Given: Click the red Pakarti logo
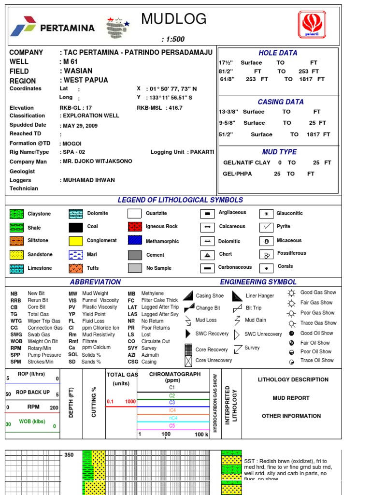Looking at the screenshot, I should (x=313, y=26).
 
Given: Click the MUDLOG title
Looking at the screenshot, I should (x=174, y=19).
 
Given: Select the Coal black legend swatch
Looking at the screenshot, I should (x=76, y=227).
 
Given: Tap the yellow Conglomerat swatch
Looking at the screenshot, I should (x=76, y=241).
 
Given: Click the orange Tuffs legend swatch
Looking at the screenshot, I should (x=76, y=268).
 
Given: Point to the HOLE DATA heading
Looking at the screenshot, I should (x=278, y=53).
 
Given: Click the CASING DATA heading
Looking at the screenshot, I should (x=281, y=102).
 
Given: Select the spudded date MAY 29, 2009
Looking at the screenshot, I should (x=80, y=125).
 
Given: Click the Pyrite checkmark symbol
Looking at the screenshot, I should (x=266, y=226).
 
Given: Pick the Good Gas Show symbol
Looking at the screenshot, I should (x=291, y=293).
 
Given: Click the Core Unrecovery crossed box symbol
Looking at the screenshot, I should (x=188, y=360).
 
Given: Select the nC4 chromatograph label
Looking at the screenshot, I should (x=172, y=418).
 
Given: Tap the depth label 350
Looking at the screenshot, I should (x=69, y=455).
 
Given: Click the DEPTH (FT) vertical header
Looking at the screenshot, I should (x=71, y=403).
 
